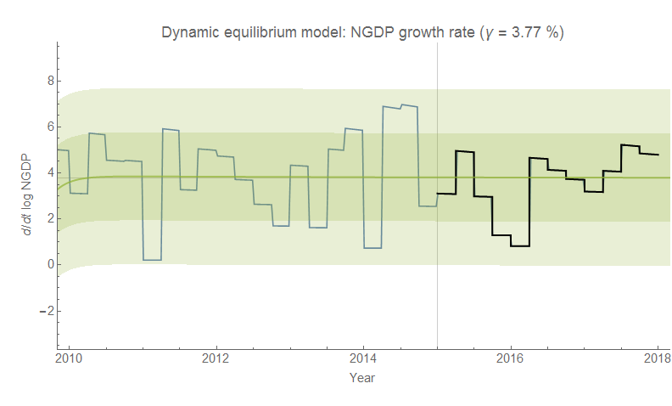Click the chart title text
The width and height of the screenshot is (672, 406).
362,33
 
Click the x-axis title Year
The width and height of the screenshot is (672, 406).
362,377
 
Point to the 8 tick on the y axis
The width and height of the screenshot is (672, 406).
48,81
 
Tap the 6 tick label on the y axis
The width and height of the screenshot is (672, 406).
48,127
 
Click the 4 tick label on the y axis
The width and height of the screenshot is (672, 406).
48,172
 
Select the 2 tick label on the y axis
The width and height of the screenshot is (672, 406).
48,218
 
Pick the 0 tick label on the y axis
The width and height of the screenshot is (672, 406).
48,264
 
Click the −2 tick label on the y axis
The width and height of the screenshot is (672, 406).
46,310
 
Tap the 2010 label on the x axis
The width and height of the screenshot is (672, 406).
69,358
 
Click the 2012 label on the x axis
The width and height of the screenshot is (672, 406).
216,358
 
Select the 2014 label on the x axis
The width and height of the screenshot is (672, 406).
363,358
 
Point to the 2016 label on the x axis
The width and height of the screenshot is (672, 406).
511,358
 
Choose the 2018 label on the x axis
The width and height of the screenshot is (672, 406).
658,358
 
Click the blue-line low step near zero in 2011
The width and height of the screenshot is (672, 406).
153,259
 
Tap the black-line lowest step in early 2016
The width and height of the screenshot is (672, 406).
519,245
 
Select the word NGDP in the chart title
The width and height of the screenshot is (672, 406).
367,33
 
